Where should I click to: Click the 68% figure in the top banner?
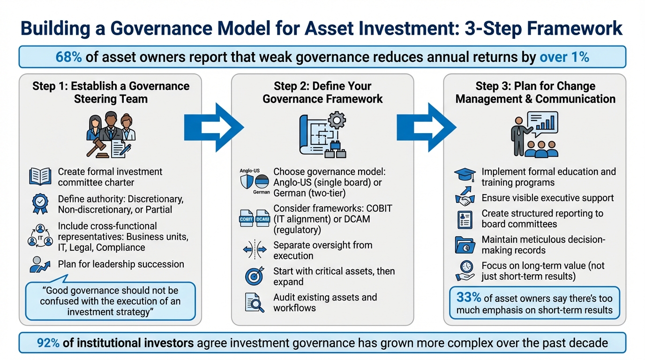[68, 57]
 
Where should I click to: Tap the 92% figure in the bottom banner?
[48, 343]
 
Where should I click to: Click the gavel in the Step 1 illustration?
[97, 147]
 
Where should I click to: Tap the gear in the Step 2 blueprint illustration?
[336, 121]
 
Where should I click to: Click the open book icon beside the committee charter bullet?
[40, 177]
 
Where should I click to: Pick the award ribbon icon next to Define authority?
[40, 203]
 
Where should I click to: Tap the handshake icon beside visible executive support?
[465, 198]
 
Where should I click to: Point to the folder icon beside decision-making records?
[465, 245]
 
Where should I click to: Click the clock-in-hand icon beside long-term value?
[465, 270]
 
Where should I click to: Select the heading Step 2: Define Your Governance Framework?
[322, 92]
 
